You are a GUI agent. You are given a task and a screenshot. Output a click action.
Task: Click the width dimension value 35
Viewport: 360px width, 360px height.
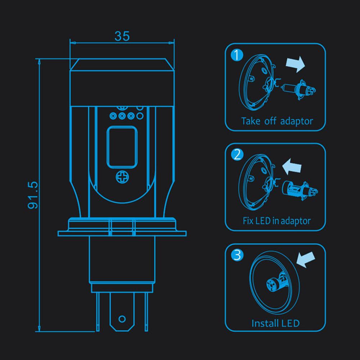[x=122, y=36]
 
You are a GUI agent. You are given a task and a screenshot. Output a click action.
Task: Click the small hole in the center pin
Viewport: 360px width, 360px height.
[x=122, y=318]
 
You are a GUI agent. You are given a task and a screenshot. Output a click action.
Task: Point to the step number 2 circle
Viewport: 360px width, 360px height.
[x=236, y=155]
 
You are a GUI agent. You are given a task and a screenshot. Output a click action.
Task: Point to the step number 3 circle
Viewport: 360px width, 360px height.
[x=236, y=255]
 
